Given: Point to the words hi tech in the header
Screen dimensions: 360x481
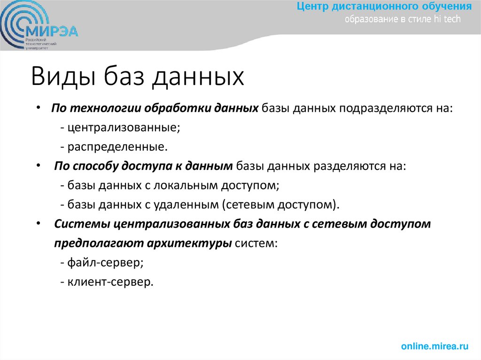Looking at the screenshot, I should click(x=449, y=19).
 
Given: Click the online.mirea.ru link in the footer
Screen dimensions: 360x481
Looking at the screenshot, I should click(x=435, y=346).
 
